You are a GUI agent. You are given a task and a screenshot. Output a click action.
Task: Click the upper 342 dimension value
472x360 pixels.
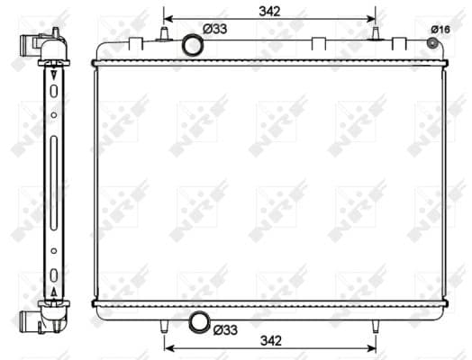(x=269, y=12)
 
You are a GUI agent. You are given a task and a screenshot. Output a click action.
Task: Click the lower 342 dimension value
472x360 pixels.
(x=271, y=341)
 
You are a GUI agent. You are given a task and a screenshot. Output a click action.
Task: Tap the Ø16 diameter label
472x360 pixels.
(x=440, y=30)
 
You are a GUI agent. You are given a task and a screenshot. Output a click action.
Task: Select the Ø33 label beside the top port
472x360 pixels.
(x=215, y=29)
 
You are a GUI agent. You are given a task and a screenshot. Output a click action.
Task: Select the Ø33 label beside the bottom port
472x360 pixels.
(x=225, y=330)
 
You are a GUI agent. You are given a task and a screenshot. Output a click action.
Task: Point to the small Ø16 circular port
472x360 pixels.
(x=432, y=43)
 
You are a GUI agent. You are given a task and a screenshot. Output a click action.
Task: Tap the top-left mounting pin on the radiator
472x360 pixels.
(x=164, y=33)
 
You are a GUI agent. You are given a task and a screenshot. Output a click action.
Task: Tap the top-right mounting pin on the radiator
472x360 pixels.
(x=376, y=33)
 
